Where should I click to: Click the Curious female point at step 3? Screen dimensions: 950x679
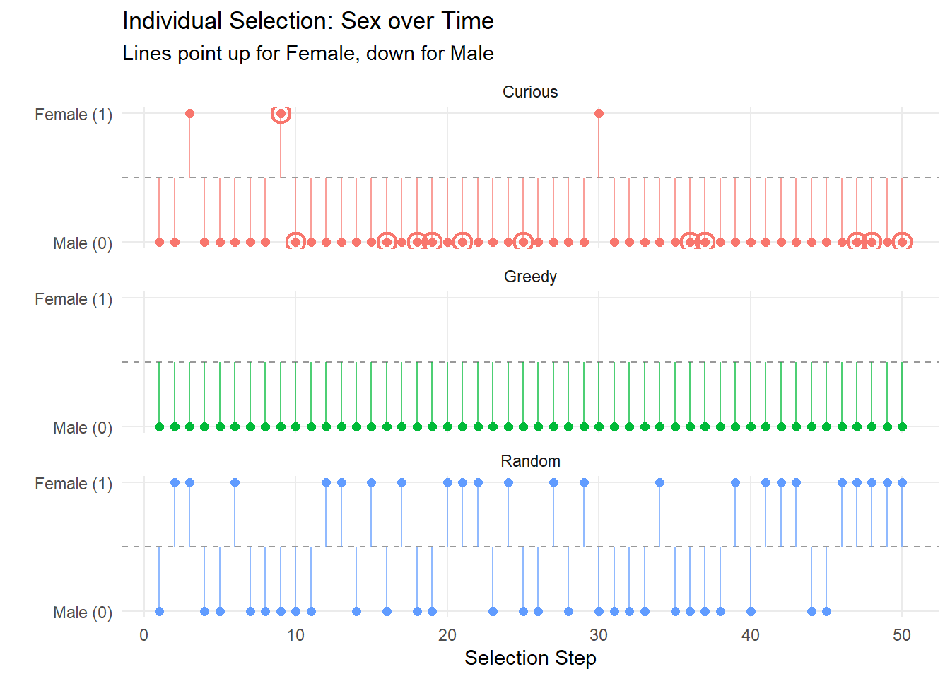[189, 113]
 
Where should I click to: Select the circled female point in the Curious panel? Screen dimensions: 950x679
[281, 113]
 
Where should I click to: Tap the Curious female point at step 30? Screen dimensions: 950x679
[599, 113]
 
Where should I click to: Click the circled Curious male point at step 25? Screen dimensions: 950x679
[523, 242]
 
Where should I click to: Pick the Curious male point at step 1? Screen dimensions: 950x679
[160, 242]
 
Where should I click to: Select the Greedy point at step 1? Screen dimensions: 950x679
[160, 426]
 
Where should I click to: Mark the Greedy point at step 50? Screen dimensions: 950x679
[902, 426]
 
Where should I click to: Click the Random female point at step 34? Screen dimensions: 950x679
[659, 482]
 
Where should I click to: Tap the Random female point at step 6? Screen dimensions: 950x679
[235, 482]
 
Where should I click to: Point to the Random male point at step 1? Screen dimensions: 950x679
[160, 611]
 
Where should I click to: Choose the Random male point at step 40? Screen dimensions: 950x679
[751, 611]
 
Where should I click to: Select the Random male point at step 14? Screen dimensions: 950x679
[356, 611]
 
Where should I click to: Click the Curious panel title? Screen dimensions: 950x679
[530, 92]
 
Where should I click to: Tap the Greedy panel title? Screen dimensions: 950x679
[530, 277]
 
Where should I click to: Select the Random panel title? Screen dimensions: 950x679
[530, 461]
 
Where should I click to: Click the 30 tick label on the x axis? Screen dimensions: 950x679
[599, 635]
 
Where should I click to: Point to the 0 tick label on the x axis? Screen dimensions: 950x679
[143, 635]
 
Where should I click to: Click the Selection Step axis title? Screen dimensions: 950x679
[530, 658]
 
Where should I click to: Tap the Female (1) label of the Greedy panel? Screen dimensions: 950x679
[74, 299]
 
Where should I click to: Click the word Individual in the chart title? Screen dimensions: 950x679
[172, 21]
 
